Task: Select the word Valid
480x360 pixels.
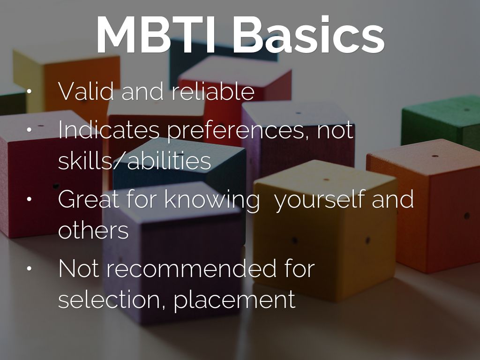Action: tap(86, 91)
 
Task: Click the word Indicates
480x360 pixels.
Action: tap(109, 130)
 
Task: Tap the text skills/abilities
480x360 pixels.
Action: tap(135, 161)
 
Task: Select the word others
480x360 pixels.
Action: tap(93, 230)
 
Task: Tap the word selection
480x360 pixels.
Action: tap(112, 300)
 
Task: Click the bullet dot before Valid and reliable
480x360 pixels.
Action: tap(30, 92)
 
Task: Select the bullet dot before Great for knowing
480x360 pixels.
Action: tap(30, 199)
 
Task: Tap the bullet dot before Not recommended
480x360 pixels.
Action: tap(30, 269)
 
